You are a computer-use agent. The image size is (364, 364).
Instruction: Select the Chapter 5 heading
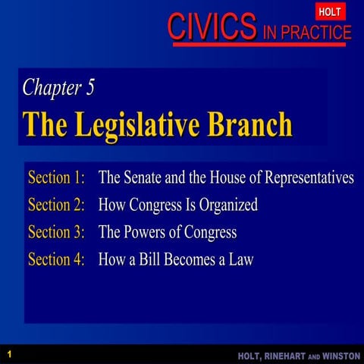(59, 87)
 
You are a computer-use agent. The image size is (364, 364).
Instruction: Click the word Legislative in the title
(153, 124)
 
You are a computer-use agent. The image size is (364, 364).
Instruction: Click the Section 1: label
(56, 178)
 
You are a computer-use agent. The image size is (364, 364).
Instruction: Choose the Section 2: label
(56, 206)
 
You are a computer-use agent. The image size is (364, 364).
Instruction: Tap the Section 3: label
(56, 232)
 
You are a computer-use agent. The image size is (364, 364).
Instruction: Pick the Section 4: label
(56, 259)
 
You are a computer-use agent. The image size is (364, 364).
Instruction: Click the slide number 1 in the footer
(9, 354)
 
